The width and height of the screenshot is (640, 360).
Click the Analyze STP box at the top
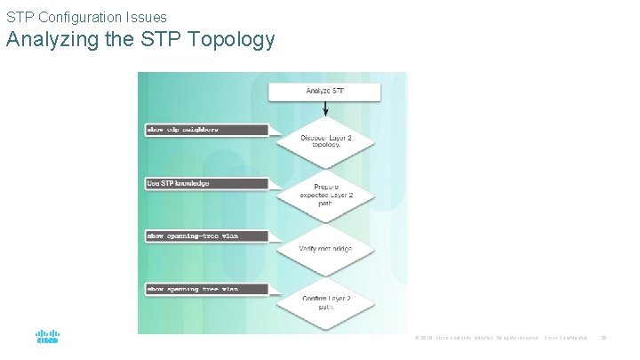pyautogui.click(x=325, y=92)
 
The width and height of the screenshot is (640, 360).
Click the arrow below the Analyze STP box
pyautogui.click(x=325, y=108)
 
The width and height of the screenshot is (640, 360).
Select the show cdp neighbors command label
pyautogui.click(x=205, y=130)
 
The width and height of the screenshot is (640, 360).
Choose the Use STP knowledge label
pyautogui.click(x=205, y=183)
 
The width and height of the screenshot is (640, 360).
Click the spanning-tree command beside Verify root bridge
pyautogui.click(x=205, y=236)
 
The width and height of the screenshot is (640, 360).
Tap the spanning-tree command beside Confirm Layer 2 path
pyautogui.click(x=205, y=289)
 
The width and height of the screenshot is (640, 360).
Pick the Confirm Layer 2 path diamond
pyautogui.click(x=325, y=302)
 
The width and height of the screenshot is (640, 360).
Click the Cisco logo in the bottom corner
pyautogui.click(x=47, y=338)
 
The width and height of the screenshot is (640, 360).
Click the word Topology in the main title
pyautogui.click(x=234, y=40)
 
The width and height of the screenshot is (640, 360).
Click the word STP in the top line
pyautogui.click(x=20, y=16)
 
